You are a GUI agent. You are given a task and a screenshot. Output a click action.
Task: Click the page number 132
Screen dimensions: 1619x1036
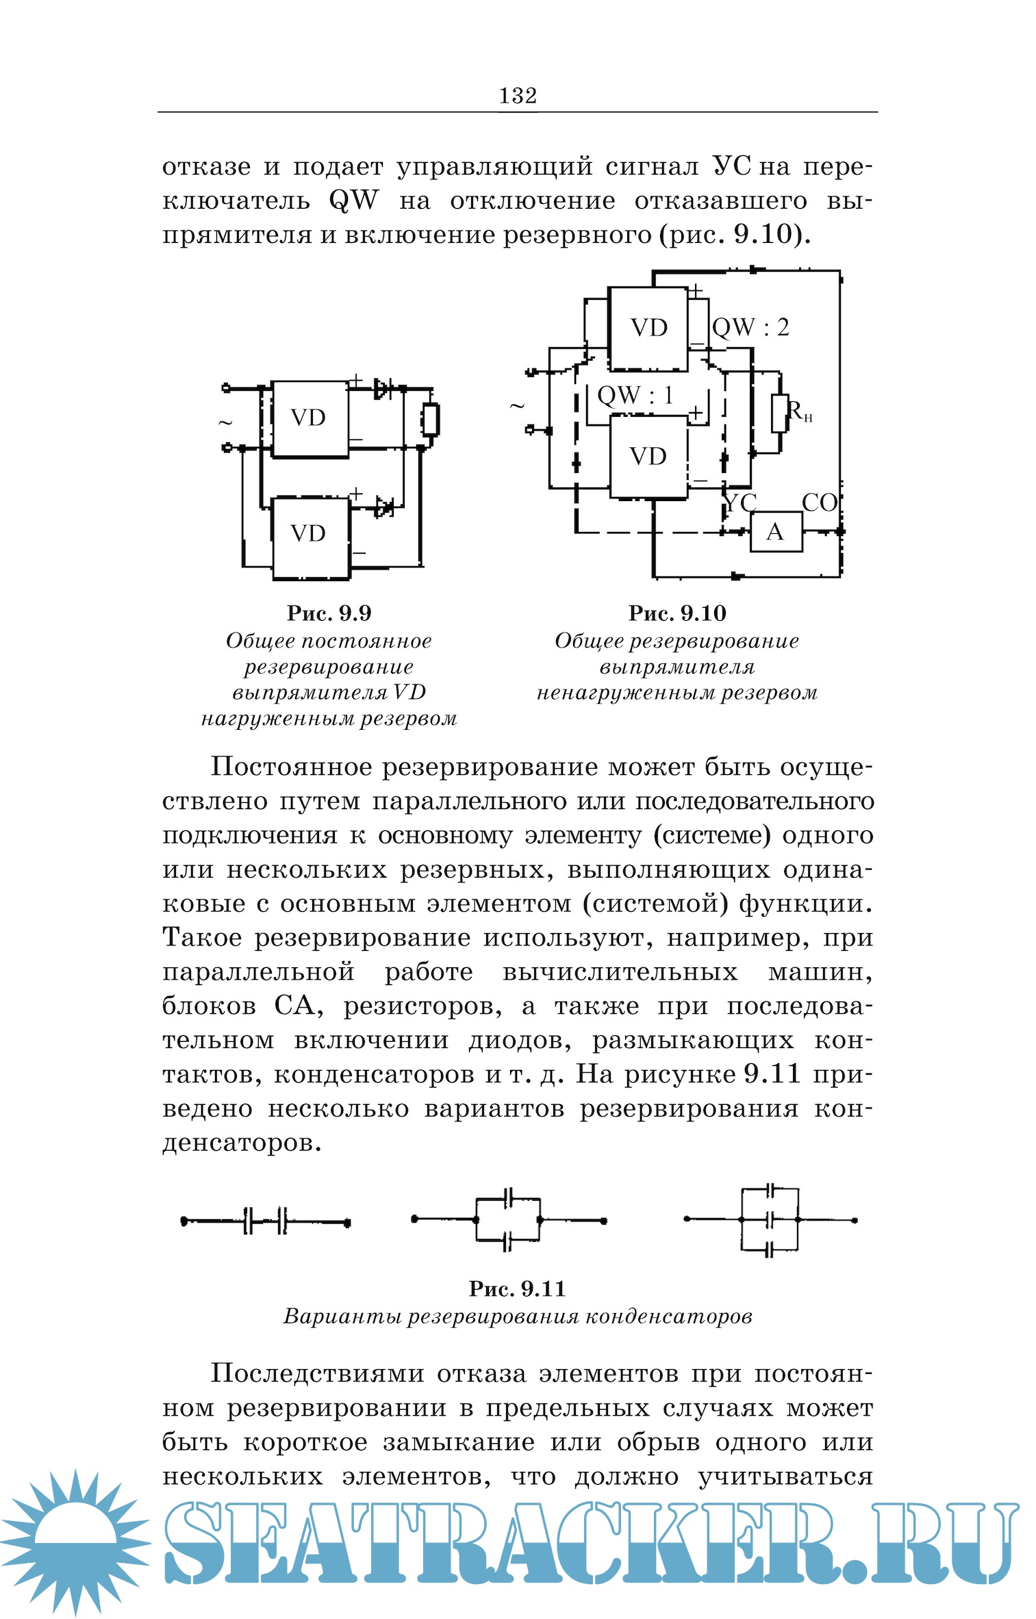(x=518, y=96)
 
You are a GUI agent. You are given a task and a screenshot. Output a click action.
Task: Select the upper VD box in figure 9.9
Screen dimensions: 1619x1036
(x=309, y=418)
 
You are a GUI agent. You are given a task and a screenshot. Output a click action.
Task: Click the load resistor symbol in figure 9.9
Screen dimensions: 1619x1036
(x=430, y=420)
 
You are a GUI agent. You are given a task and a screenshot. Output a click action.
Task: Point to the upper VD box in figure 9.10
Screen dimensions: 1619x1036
(x=648, y=329)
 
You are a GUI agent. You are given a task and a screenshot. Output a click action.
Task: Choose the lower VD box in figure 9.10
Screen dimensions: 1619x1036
(x=648, y=457)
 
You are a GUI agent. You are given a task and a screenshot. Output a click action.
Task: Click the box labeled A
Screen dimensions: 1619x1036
(x=776, y=532)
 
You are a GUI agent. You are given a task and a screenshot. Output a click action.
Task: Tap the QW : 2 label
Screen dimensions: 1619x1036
(x=750, y=328)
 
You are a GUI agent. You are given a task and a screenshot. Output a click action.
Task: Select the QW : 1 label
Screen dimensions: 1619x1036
(x=635, y=396)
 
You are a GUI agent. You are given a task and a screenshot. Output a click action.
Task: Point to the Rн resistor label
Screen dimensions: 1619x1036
(x=798, y=411)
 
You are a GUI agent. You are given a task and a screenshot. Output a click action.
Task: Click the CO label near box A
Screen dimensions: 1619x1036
(x=819, y=503)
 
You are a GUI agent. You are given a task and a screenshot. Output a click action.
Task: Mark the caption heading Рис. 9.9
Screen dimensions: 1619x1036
(x=329, y=613)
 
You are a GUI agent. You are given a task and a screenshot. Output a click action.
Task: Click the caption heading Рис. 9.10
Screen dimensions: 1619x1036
(x=677, y=613)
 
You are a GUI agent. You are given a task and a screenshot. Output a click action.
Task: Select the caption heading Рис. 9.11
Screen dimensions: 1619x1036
(x=518, y=1289)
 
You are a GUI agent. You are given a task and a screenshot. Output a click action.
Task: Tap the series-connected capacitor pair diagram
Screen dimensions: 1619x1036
(x=266, y=1221)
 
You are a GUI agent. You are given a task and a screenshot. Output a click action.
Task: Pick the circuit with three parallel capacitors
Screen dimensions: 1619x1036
(x=770, y=1220)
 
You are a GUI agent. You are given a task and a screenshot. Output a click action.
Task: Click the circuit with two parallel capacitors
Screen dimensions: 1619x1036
(x=508, y=1220)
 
